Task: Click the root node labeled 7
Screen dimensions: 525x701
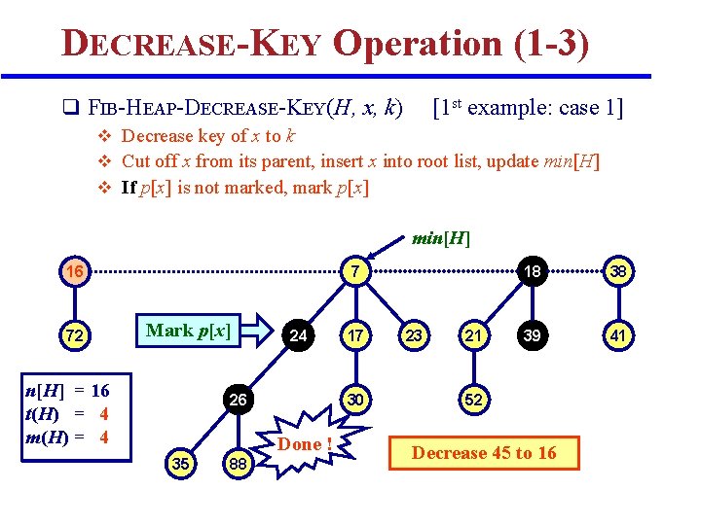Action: [x=357, y=271]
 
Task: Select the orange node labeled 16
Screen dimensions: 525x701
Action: [x=74, y=270]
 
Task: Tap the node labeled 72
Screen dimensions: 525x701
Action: [x=74, y=336]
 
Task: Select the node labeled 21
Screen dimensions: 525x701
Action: [x=472, y=336]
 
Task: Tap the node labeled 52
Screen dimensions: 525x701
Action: [x=472, y=400]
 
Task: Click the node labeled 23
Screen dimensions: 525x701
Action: [x=414, y=336]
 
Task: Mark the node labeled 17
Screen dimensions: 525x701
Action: [x=357, y=336]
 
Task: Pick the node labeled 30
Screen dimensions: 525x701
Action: [x=357, y=400]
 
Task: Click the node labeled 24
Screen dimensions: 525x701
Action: [x=300, y=336]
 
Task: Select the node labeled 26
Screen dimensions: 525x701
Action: [x=238, y=400]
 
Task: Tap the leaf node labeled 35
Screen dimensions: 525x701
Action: [x=180, y=464]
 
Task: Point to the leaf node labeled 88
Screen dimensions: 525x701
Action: [x=238, y=465]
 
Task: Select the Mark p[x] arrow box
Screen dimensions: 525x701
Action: [x=195, y=331]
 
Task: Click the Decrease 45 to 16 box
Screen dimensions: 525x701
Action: [x=484, y=452]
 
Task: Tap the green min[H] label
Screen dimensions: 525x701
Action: [x=441, y=237]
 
